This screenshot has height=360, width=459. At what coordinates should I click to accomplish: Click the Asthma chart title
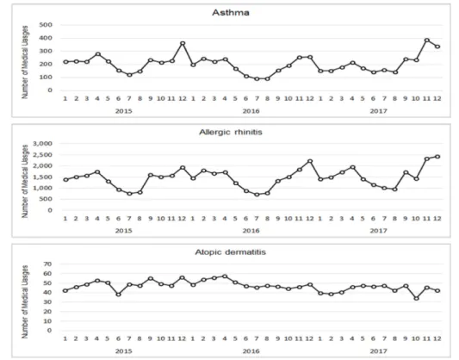231,13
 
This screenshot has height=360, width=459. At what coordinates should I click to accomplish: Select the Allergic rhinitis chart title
231,133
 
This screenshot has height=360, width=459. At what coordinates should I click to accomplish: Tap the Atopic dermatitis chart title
231,252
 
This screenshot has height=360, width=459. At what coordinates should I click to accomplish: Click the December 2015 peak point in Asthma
183,43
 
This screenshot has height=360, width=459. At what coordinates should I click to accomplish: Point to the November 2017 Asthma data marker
427,40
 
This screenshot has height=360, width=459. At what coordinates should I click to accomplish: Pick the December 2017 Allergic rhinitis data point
437,157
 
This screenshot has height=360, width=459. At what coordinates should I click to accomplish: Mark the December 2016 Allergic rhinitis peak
310,161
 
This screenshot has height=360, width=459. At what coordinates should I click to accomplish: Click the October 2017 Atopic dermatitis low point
416,298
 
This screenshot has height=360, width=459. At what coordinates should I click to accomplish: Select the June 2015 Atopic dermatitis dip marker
118,295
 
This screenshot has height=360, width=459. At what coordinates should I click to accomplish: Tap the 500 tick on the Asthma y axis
46,25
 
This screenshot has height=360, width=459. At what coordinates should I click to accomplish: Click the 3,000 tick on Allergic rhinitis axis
43,144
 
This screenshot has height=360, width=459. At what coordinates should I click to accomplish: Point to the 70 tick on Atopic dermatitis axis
47,264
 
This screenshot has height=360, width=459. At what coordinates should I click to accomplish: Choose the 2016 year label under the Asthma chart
251,111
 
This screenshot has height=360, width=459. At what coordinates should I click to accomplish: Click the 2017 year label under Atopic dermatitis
378,351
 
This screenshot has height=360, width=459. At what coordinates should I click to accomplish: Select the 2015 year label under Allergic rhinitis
123,231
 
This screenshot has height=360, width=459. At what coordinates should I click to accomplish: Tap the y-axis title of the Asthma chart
25,62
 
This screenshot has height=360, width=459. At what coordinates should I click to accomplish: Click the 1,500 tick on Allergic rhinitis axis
43,177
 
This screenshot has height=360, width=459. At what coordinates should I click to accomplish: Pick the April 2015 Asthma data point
98,54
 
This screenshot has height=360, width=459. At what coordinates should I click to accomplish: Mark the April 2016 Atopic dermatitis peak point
225,276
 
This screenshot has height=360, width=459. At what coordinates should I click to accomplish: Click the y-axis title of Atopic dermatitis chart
25,301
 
